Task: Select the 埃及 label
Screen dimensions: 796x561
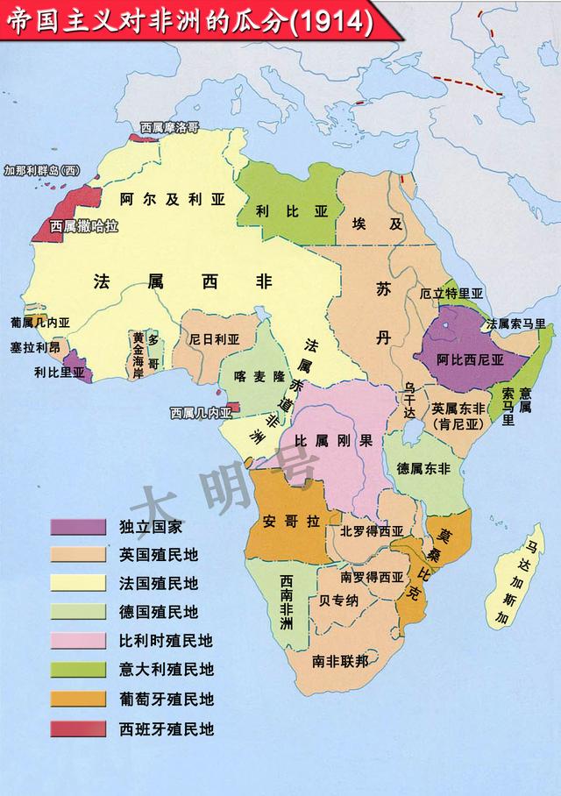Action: tap(378, 224)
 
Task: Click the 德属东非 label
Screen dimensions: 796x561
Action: tap(423, 468)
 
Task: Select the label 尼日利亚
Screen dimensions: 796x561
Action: tap(214, 339)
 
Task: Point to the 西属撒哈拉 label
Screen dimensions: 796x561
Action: tap(83, 226)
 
